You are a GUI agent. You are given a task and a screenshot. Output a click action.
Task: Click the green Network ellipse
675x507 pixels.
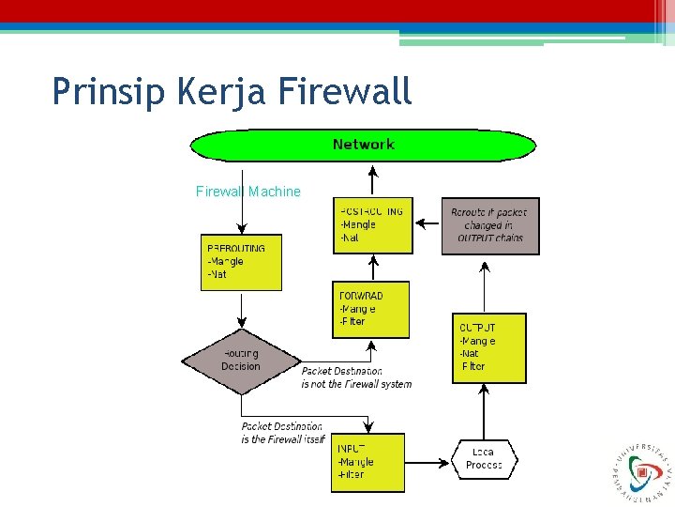[363, 145]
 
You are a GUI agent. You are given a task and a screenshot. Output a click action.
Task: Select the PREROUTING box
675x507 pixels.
[241, 262]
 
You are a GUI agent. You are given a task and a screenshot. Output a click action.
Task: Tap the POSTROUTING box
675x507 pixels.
[372, 225]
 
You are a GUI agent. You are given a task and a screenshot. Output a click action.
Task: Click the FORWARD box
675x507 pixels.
[371, 309]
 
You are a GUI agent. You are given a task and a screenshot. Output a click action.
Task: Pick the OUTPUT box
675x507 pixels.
[488, 347]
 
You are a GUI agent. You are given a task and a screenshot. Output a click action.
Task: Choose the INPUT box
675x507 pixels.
[367, 462]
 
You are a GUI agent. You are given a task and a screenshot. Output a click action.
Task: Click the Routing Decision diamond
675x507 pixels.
[241, 361]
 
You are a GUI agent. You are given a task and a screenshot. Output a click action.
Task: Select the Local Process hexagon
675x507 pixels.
[485, 459]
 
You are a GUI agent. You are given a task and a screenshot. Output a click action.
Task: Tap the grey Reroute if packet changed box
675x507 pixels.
[490, 225]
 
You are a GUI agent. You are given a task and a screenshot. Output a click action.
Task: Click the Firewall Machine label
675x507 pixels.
[248, 192]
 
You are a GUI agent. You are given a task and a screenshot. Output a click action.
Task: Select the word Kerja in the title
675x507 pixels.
[215, 91]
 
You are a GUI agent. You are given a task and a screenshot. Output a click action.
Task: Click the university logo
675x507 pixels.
[635, 467]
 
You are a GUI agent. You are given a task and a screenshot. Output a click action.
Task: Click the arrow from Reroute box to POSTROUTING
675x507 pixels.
[427, 223]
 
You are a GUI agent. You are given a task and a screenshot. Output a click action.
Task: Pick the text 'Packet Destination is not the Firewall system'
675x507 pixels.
[356, 377]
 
